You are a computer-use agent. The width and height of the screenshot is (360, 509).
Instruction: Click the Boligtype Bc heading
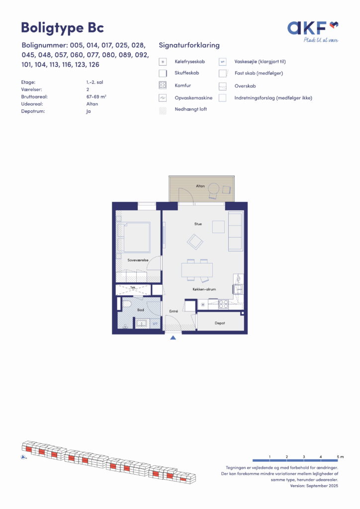pos(62,28)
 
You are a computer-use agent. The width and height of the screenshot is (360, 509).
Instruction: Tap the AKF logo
pos(313,31)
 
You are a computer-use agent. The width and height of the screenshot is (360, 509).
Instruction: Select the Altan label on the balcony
pos(200,186)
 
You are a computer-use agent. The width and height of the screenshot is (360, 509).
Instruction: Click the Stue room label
pos(198,224)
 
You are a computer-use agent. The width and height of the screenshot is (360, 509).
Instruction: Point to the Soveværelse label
pos(138,260)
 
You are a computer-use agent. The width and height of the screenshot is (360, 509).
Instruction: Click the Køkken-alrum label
pos(204,289)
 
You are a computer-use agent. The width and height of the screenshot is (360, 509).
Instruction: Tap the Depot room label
pos(220,323)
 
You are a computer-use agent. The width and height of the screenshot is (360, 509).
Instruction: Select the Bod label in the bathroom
pos(141,310)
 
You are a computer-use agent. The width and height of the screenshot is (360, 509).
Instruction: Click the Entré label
pos(174,311)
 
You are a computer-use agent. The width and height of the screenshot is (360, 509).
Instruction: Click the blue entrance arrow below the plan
pos(173,338)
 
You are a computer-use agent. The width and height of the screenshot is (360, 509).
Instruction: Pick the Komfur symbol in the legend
pos(163,85)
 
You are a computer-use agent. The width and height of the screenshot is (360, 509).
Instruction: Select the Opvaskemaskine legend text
pos(193,98)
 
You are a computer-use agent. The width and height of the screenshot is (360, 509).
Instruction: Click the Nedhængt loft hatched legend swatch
pos(163,110)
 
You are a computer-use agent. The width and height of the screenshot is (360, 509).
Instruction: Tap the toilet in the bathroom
pos(125,304)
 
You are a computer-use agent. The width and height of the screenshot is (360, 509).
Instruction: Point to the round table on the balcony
pos(214,188)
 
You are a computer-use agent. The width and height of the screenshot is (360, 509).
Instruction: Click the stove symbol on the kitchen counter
pos(223,305)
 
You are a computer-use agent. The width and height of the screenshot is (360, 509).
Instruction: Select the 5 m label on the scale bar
pos(340,457)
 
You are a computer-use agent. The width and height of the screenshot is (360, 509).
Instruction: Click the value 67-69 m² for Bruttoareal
pos(96,97)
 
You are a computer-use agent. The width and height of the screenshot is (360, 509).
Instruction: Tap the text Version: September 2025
pos(314,486)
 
